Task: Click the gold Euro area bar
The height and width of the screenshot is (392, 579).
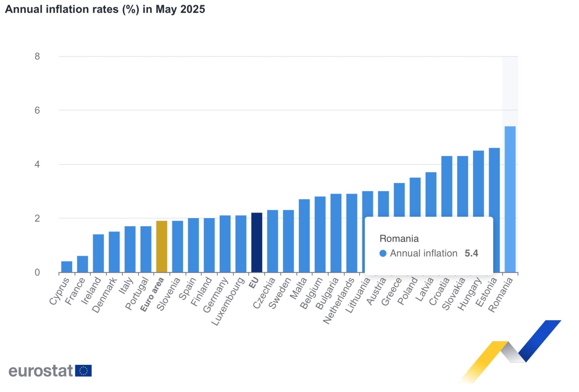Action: click(162, 246)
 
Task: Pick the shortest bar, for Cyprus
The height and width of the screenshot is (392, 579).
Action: click(67, 267)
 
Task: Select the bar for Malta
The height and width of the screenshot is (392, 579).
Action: click(304, 236)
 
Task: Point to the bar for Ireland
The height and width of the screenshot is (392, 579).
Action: click(98, 253)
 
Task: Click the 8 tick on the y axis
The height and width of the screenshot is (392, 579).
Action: click(37, 56)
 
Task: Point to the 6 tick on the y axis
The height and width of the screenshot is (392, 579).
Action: click(37, 110)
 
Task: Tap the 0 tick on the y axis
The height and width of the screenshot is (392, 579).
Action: click(37, 273)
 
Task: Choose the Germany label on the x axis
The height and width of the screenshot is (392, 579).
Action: click(215, 295)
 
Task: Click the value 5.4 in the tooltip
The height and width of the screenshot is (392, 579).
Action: click(471, 253)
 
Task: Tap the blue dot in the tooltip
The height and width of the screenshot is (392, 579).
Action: click(383, 253)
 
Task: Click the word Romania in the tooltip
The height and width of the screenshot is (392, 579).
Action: click(399, 238)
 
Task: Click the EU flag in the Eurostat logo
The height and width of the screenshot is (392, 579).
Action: click(84, 371)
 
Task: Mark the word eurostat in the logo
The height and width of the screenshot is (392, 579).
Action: click(41, 371)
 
